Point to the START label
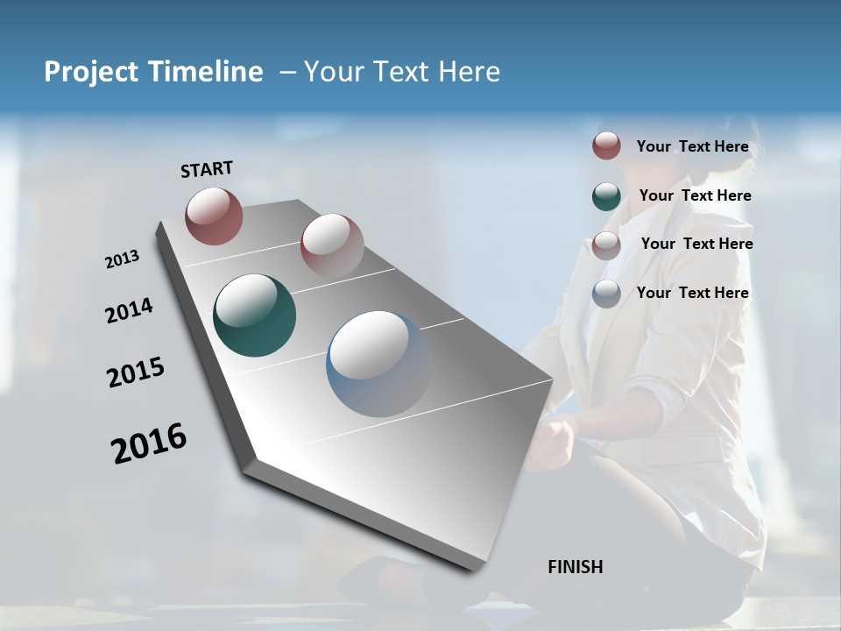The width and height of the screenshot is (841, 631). pos(207,169)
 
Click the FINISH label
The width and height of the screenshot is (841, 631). pos(575,567)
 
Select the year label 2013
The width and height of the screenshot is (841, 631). pos(123,259)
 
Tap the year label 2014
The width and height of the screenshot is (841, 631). pos(130,311)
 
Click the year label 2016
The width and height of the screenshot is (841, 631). pos(149,443)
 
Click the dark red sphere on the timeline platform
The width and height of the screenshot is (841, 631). pos(214,216)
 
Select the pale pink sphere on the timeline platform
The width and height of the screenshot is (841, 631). pos(332,245)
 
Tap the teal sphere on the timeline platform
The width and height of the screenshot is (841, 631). pos(255,315)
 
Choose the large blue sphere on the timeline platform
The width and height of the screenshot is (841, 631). pos(378,364)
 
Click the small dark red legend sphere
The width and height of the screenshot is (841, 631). pos(606,146)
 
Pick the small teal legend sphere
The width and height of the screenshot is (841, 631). pos(606,196)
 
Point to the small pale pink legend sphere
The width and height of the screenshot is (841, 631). pos(606,245)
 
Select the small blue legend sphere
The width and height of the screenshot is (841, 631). pos(606,294)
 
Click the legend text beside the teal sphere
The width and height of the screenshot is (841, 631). pos(695,195)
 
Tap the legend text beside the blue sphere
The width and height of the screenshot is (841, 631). pos(692,293)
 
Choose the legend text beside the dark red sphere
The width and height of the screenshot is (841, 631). pos(692,146)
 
